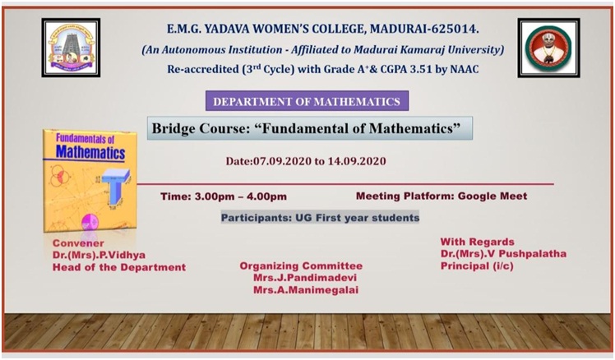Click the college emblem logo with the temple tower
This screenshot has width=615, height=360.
[71, 48]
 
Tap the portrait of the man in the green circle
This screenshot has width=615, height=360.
[548, 48]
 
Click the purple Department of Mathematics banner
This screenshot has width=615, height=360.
[307, 101]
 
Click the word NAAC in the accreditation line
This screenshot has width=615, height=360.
[465, 69]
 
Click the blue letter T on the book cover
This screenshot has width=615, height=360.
[115, 187]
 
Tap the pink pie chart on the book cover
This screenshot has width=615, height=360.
[90, 222]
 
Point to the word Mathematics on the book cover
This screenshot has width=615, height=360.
[90, 152]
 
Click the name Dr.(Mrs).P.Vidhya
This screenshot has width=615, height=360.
[99, 255]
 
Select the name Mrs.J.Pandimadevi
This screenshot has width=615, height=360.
[305, 278]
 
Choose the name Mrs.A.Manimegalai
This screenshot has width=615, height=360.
[306, 290]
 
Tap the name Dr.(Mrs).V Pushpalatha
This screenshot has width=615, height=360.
[503, 254]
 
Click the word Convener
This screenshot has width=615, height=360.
[78, 242]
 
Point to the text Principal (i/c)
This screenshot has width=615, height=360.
[477, 265]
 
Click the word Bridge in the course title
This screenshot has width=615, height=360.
[173, 128]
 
